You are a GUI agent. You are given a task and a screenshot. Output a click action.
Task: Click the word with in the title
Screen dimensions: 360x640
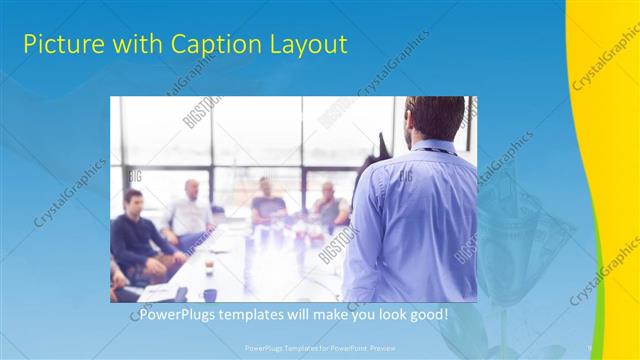(x=133, y=44)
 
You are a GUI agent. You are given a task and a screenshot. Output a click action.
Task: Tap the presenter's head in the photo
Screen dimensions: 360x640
(x=437, y=118)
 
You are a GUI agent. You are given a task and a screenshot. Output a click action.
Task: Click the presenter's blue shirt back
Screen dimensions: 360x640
(x=410, y=220)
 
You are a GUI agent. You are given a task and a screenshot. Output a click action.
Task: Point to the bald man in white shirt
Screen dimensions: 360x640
(x=190, y=210)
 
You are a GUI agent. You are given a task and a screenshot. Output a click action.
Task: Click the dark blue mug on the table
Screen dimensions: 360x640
(x=210, y=294)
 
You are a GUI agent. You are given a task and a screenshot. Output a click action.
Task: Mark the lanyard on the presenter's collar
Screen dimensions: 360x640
(x=432, y=150)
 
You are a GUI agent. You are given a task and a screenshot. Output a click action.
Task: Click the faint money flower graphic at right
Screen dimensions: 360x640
(x=525, y=230)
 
